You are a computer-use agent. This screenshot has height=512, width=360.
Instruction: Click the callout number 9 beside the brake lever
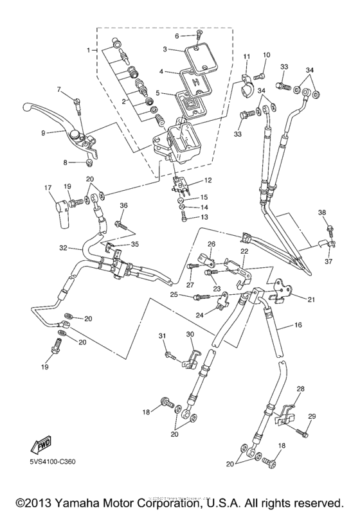click(44, 133)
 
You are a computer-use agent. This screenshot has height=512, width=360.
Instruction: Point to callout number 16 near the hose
click(298, 326)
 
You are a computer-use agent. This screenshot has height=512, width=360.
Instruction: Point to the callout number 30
click(190, 335)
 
